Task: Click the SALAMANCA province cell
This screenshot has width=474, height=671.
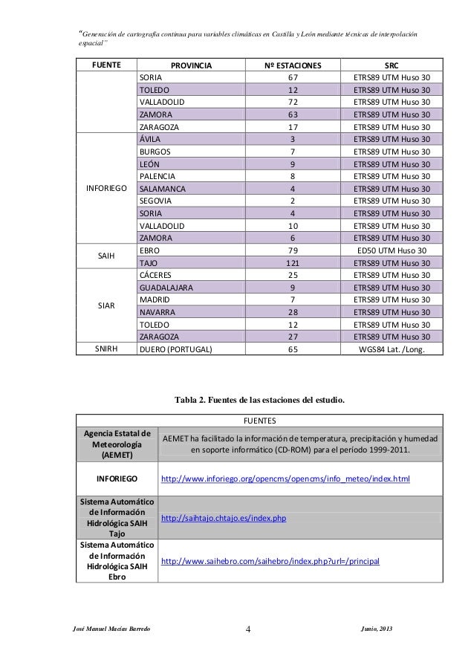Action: click(x=163, y=189)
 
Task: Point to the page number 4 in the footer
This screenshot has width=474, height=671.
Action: click(x=248, y=631)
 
